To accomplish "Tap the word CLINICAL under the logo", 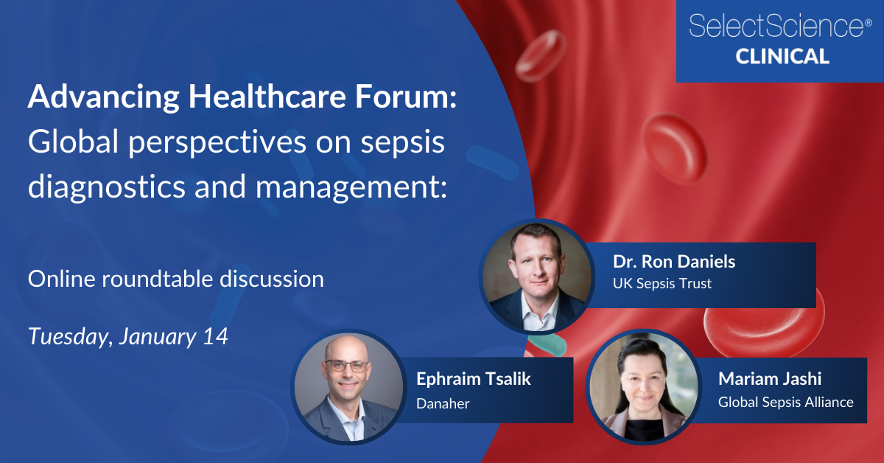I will [x=782, y=56].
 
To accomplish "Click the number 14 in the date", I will [x=214, y=337].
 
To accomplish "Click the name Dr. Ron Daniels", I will [x=674, y=262].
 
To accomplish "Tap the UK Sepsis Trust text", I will [x=662, y=283].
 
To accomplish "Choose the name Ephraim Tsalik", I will [x=473, y=380].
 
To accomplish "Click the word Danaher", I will [x=442, y=403].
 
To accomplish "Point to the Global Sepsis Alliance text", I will [x=785, y=403].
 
